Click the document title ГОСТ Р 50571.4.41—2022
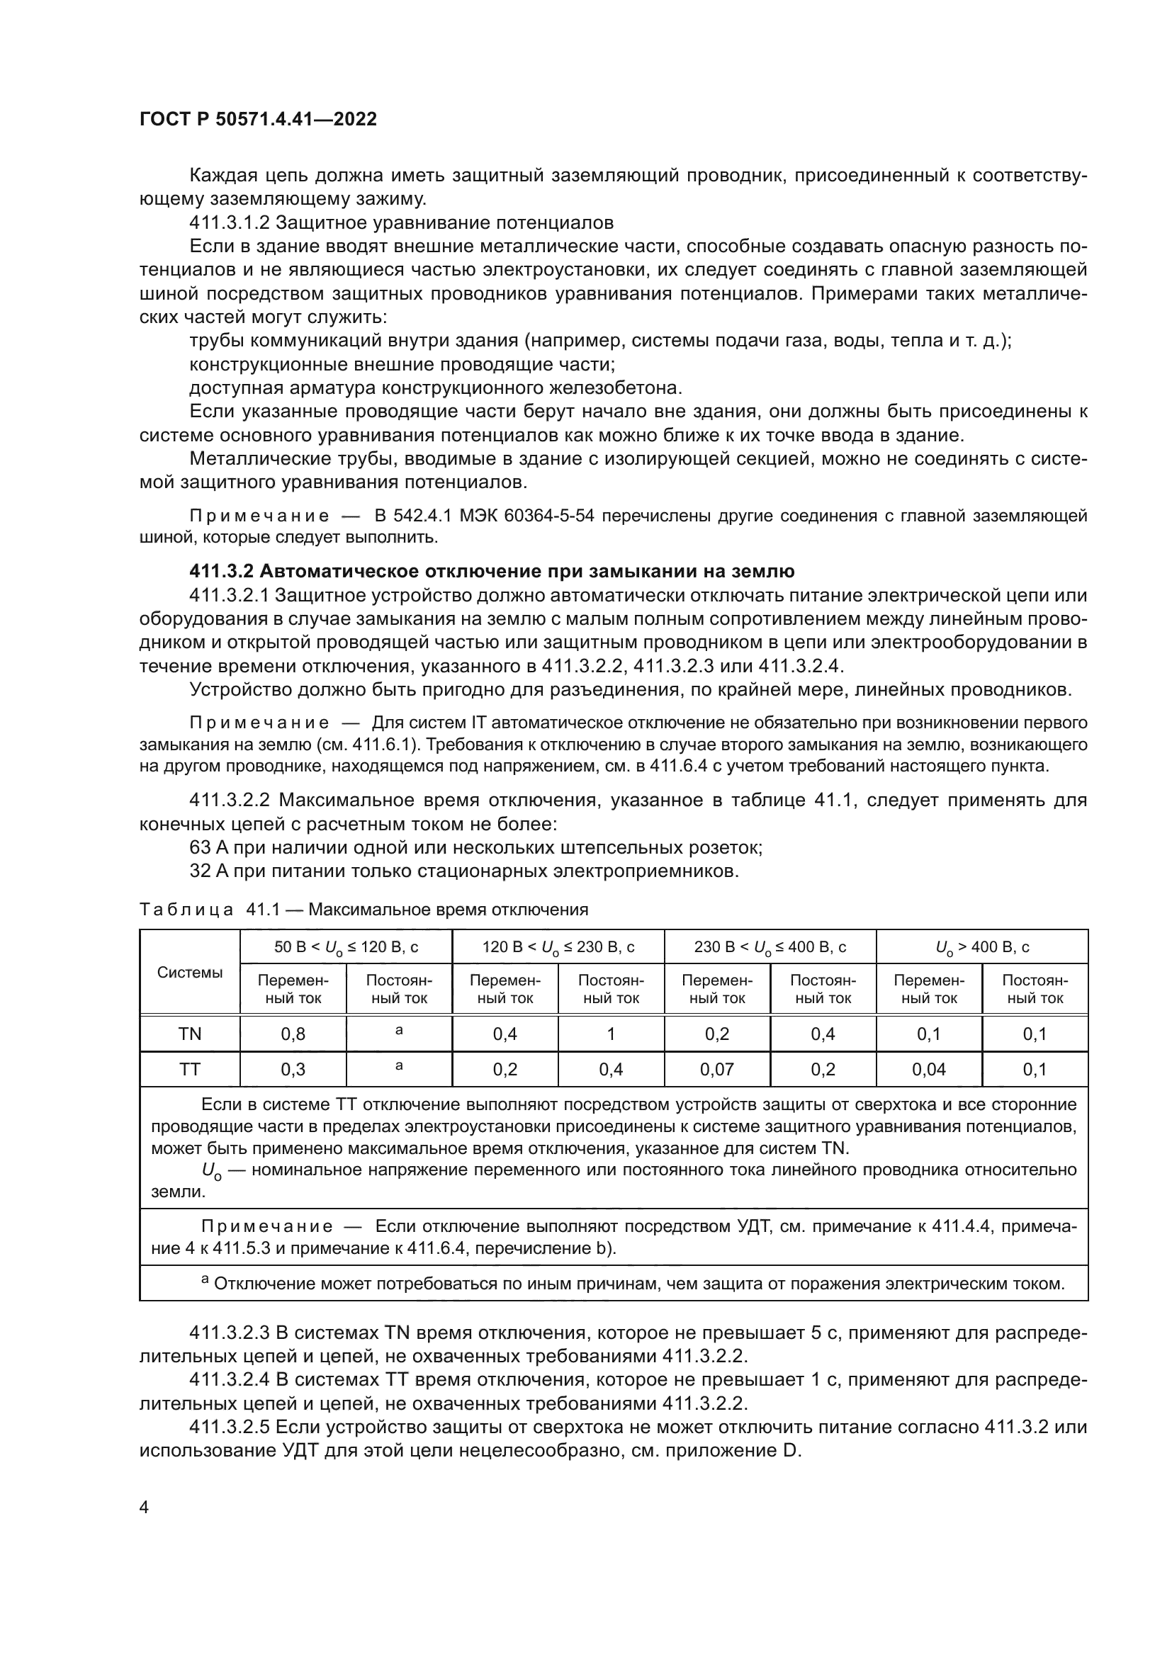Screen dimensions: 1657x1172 258,119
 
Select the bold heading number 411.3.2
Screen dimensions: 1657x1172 221,572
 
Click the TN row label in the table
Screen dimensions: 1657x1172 190,1034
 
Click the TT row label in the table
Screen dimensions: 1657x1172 190,1069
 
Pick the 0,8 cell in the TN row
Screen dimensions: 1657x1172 293,1034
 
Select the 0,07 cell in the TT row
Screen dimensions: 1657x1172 716,1069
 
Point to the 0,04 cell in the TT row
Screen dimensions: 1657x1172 929,1069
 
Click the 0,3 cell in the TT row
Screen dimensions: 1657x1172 293,1069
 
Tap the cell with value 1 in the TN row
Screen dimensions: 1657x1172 611,1034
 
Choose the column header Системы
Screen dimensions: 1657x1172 190,972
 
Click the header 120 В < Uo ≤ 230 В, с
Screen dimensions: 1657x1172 558,947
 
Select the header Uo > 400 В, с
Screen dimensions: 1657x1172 981,947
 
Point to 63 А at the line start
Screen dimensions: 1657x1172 210,847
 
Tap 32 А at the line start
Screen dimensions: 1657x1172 210,871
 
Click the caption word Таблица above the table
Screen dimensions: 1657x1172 186,910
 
